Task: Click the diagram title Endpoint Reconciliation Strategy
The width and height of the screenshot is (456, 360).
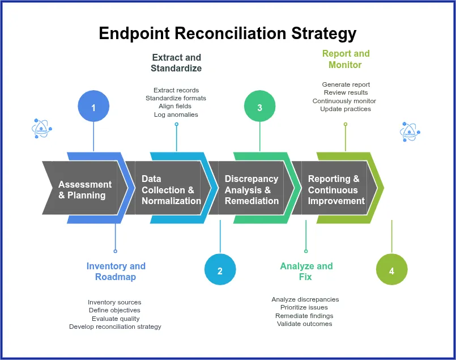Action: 228,33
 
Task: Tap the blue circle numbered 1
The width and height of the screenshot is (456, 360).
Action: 93,107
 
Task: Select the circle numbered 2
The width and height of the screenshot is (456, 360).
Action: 220,270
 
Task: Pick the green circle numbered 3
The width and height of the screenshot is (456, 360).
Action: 259,107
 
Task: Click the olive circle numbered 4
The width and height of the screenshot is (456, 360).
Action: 391,270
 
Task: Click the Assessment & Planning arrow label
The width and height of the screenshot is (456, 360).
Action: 85,190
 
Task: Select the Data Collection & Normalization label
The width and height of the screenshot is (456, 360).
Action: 171,190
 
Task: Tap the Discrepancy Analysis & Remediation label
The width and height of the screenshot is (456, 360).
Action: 252,190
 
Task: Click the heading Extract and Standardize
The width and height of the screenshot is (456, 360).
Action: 176,63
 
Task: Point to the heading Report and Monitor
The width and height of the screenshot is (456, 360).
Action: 346,59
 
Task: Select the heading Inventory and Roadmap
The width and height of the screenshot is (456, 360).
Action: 116,272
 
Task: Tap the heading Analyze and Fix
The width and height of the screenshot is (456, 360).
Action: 306,272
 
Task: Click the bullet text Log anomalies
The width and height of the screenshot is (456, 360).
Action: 176,115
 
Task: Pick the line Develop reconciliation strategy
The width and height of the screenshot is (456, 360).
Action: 115,327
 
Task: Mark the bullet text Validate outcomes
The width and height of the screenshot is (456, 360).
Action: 305,324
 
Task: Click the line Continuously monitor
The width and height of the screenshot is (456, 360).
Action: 344,101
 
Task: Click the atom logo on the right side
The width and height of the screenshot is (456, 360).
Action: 410,132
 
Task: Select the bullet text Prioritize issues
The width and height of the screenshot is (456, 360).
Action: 304,307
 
